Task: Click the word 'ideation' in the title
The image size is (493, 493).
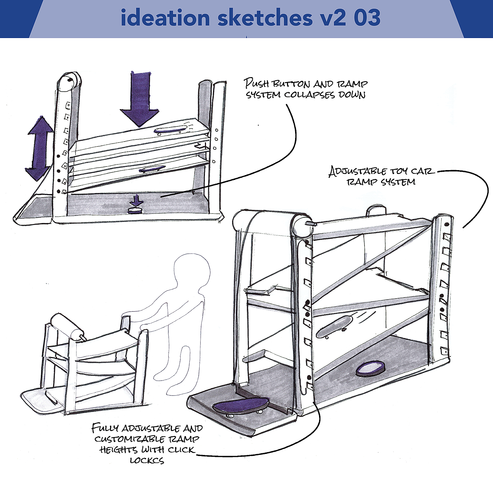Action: click(165, 18)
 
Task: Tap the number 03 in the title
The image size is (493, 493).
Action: click(367, 18)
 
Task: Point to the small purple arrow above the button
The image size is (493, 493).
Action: click(136, 201)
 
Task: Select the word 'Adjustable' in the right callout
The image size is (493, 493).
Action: click(357, 172)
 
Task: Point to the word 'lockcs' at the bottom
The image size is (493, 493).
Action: click(147, 460)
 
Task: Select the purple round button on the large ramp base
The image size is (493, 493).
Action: click(370, 369)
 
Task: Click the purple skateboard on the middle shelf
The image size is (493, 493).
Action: click(152, 169)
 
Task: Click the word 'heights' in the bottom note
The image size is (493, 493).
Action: click(118, 450)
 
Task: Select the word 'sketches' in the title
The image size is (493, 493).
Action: click(265, 18)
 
